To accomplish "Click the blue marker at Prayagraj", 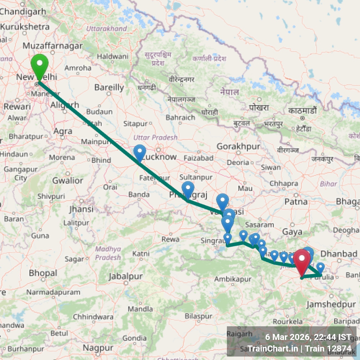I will tap(188, 189).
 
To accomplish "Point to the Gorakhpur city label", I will tap(238, 147).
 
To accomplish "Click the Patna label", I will tap(296, 202).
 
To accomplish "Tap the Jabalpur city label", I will tap(126, 276).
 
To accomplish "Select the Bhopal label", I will tap(43, 273).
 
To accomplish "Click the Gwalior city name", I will tap(67, 181).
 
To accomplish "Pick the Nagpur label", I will tap(98, 348).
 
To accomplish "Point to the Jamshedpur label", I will tap(331, 304).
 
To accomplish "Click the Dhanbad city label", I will tap(339, 254).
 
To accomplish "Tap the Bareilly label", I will tap(109, 88).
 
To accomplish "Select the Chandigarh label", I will tap(23, 12).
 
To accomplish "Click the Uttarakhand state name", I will tap(107, 29).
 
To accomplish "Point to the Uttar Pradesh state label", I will tap(155, 137).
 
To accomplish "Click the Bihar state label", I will tap(328, 184).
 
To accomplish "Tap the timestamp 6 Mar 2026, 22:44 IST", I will tap(308, 337).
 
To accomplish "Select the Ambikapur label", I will tap(233, 279).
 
